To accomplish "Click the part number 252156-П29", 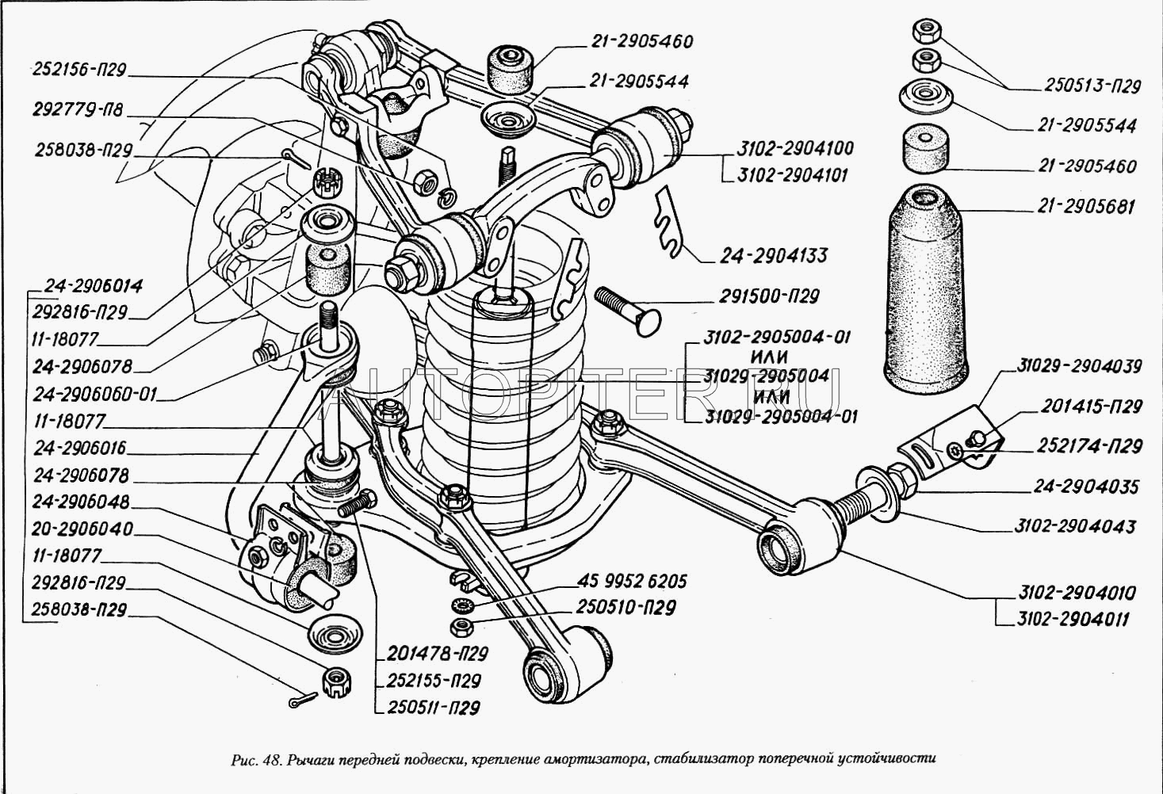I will pos(79,71).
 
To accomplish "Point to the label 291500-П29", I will pos(769,297).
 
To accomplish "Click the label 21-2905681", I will pos(1085,207).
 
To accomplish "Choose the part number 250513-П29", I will pos(1092,86).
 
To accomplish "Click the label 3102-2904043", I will pos(1074,526).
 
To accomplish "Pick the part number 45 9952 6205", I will pos(632,582).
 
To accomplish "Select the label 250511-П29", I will pos(434,708).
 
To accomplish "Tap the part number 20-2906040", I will pos(82,529).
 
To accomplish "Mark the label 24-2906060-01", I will pos(95,394).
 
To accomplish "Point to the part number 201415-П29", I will pos(1092,407).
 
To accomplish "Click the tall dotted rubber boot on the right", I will pos(925,293).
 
